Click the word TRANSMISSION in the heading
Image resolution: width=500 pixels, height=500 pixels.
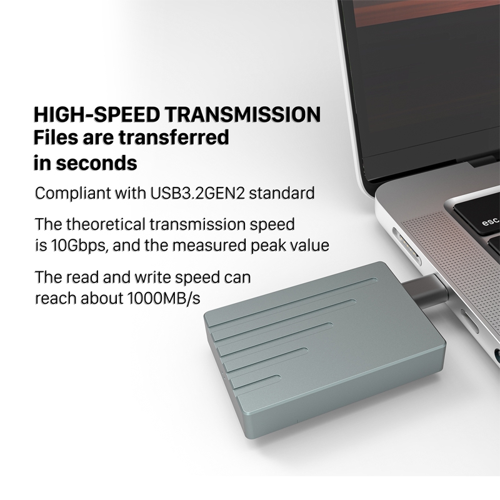[x=243, y=114]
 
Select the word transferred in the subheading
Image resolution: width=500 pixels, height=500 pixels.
[x=174, y=137]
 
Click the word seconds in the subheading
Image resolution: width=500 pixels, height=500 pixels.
[x=97, y=163]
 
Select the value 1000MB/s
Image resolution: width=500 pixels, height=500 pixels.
[x=164, y=299]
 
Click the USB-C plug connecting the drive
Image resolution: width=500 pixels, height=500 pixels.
[x=424, y=291]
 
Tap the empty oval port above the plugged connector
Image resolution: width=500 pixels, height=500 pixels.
[x=406, y=245]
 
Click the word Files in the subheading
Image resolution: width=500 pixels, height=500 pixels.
[x=56, y=137]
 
